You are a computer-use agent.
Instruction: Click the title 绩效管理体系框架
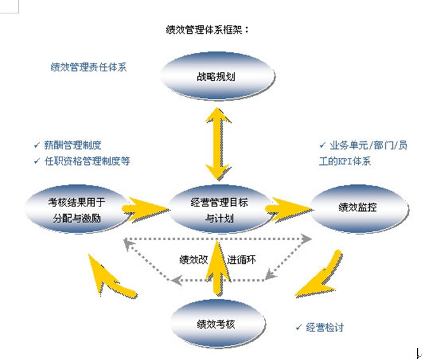pos(207,29)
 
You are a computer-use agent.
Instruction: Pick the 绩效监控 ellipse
pos(357,207)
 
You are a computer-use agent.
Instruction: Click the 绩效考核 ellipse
pos(216,324)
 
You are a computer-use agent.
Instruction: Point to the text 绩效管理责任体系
pos(88,66)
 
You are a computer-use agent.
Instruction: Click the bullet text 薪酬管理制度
pos(73,145)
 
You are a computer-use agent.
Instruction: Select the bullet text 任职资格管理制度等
pos(88,161)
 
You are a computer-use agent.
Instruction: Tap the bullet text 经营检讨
pos(325,327)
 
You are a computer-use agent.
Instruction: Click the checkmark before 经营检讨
pos(298,327)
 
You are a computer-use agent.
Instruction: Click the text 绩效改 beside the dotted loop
pos(194,260)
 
